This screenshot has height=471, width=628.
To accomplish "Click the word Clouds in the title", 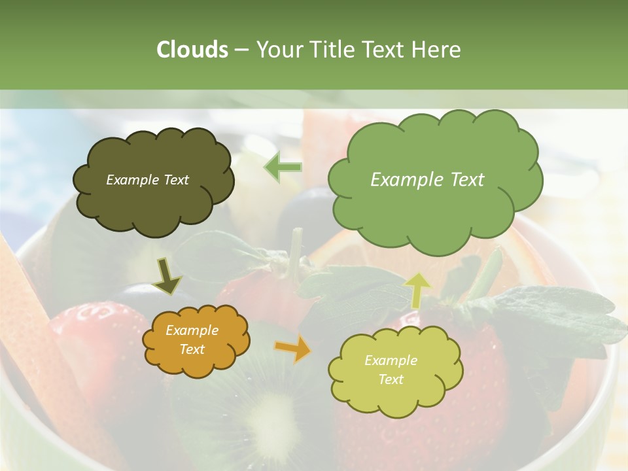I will click(192, 50).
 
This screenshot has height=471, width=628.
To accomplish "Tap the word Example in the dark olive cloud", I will click(131, 180).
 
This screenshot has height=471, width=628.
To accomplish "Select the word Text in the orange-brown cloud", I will click(192, 349).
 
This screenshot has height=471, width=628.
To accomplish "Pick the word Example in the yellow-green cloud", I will click(391, 360).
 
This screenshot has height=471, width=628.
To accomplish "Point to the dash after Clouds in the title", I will click(241, 50).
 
